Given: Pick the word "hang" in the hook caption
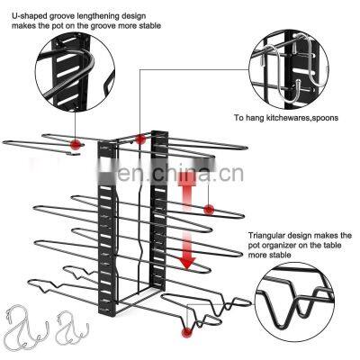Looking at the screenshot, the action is (x=256, y=118).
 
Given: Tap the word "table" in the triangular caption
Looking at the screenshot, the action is (x=332, y=245).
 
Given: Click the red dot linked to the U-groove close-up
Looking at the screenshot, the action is (x=76, y=144).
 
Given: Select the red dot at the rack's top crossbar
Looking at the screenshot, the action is (x=140, y=139).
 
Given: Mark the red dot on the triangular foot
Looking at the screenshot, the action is (x=187, y=332).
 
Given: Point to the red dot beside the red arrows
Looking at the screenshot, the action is (x=209, y=210).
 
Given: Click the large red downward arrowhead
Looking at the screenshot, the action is (x=187, y=263).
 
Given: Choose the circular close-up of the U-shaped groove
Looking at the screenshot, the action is (x=75, y=74).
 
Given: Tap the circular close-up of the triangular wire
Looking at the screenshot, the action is (x=295, y=302).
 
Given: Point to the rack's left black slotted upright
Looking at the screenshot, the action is (x=106, y=229).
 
